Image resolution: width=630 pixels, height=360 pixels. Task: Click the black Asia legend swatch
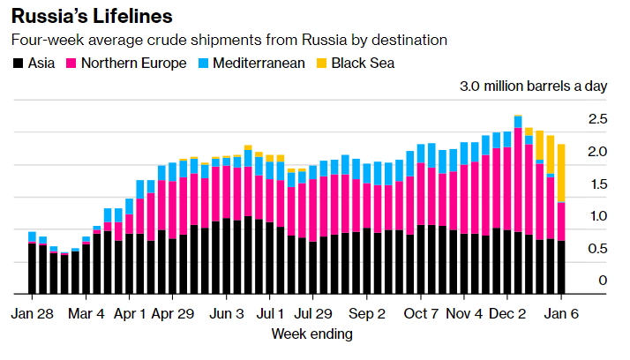point(17,64)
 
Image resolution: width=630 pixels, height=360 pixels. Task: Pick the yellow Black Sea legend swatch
point(322,64)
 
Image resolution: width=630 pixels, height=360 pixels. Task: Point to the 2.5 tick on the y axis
point(597,119)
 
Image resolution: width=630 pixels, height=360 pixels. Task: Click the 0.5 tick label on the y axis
point(597,249)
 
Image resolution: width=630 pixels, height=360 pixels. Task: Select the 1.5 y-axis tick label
point(597,184)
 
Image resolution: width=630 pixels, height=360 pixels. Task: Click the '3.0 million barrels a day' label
point(533,87)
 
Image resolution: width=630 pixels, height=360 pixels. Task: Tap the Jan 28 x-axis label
point(33,313)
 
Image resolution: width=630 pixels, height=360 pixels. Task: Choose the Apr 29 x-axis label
point(173,313)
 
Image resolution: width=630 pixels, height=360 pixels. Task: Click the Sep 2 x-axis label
point(367,313)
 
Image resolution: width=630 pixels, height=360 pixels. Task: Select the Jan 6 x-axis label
point(561,313)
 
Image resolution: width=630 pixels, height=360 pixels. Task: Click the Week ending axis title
point(311,334)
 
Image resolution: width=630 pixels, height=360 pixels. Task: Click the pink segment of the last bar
point(560,221)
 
